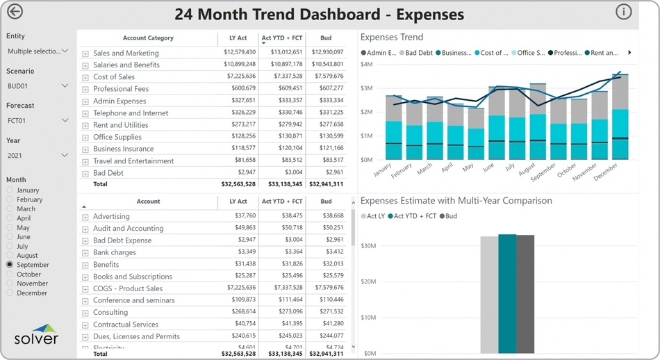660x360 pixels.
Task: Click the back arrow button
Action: [x=15, y=12]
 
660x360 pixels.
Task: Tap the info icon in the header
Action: [x=623, y=11]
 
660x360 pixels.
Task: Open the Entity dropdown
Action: [x=38, y=51]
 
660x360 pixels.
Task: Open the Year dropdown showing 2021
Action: [x=38, y=156]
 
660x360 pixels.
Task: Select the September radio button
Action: [x=10, y=265]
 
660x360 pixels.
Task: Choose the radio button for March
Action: [x=10, y=208]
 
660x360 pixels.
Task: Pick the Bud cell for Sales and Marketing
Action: [x=327, y=53]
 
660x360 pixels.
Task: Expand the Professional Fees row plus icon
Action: [x=85, y=89]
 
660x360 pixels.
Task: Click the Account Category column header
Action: [x=148, y=38]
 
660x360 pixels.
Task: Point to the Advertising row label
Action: [x=111, y=217]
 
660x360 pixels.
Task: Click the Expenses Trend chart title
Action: [x=392, y=38]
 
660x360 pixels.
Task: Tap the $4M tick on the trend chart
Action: [x=367, y=64]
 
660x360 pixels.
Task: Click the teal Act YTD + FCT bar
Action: [x=507, y=294]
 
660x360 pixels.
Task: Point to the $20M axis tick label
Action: [x=368, y=281]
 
